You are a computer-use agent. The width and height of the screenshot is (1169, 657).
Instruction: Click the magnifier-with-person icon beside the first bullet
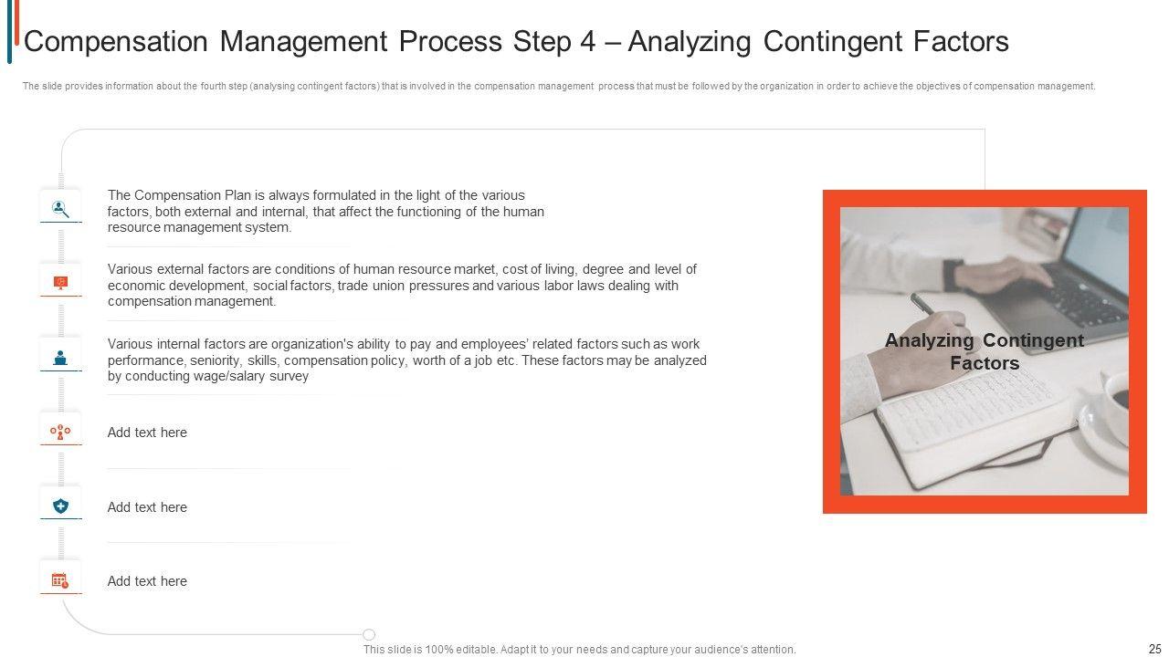[60, 209]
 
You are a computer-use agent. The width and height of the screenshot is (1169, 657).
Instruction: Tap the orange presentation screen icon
[60, 283]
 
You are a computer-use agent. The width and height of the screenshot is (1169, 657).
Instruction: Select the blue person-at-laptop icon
[60, 358]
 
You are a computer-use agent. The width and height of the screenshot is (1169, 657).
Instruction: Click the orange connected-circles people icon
[60, 433]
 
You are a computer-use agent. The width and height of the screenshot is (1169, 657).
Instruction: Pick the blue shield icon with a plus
[60, 506]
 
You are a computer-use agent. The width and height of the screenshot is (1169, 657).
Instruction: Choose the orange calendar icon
[60, 580]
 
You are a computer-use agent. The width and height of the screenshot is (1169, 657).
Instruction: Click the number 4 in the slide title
[587, 42]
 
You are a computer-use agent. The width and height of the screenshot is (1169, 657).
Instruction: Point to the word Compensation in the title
[116, 42]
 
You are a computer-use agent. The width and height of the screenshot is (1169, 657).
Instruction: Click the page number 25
[1155, 649]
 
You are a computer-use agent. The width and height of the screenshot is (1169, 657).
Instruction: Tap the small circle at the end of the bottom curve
[369, 634]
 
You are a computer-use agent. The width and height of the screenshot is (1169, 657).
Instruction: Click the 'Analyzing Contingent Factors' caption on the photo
[985, 351]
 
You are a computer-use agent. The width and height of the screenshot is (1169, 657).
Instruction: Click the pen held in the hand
[922, 304]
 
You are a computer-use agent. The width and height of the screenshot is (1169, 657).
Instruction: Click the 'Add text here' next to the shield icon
[147, 507]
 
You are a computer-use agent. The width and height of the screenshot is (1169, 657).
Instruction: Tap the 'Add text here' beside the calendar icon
[147, 581]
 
